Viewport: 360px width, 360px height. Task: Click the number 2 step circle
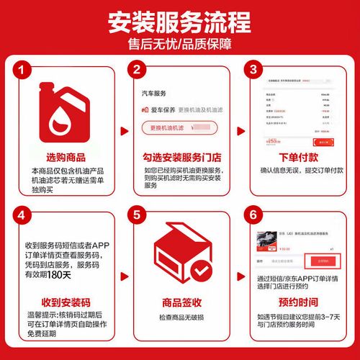(137, 69)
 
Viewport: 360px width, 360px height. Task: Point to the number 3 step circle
(251, 69)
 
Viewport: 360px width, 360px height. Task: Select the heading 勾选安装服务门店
(178, 158)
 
